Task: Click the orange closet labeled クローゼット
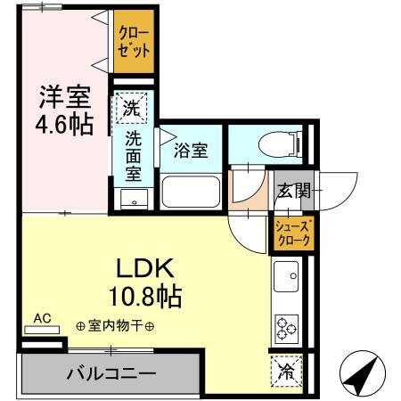133,41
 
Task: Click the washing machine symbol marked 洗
132,110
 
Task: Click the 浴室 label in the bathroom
191,150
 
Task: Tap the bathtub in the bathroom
190,190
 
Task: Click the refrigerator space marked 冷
287,366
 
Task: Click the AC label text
42,317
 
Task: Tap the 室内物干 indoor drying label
115,325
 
